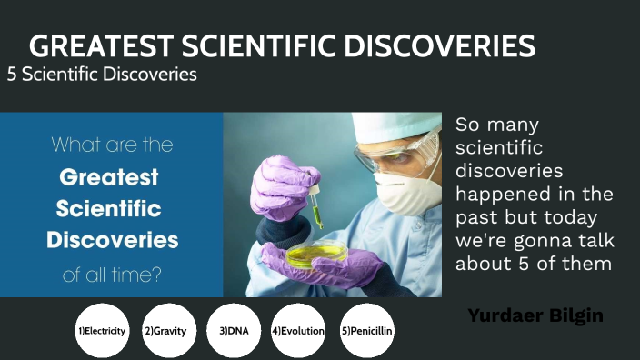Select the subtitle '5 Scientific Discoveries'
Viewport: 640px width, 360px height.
pyautogui.click(x=102, y=75)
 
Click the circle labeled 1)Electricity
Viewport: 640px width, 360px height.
pyautogui.click(x=102, y=331)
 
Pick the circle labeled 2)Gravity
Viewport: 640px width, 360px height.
pyautogui.click(x=165, y=331)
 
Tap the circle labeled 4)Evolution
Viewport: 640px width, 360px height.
pyautogui.click(x=298, y=331)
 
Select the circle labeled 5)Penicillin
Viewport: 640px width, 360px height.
pyautogui.click(x=366, y=331)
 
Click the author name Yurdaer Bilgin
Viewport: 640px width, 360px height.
pyautogui.click(x=535, y=315)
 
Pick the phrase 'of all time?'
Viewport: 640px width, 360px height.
pyautogui.click(x=112, y=273)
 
